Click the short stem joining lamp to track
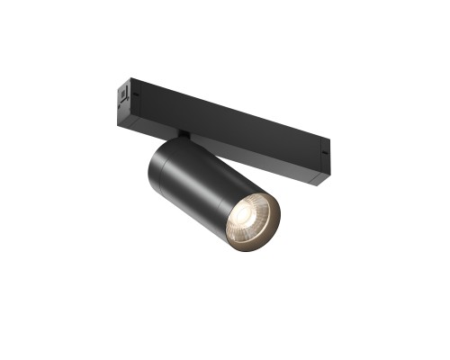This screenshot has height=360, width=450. [184, 137]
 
